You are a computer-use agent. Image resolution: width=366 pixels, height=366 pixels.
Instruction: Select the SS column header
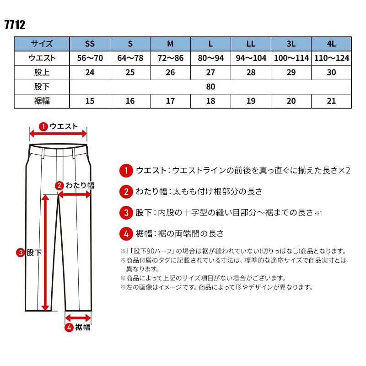pos(90,44)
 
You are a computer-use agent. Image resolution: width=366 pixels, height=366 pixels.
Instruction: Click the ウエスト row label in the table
pos(42,58)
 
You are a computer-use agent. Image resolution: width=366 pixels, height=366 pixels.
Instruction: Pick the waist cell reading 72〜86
pos(170,58)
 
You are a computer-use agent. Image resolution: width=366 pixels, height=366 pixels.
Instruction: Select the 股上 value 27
pos(210,72)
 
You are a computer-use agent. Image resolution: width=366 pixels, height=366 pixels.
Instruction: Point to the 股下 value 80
pos(210,86)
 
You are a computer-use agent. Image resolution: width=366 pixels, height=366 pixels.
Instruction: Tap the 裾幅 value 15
pos(90,101)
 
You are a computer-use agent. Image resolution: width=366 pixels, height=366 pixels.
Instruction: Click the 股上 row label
pos(42,72)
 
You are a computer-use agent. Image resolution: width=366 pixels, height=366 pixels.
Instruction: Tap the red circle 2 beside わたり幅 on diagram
pos(59,185)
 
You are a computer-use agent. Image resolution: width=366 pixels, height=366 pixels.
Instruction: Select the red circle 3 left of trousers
pos(21,252)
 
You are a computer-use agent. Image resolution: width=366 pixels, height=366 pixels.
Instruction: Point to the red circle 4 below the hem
pos(69,327)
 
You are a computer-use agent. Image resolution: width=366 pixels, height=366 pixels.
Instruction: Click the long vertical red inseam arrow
pos(45,252)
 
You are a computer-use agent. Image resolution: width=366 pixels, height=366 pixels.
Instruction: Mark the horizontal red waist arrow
pos(58,134)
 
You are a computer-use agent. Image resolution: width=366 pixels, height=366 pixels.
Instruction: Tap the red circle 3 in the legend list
pos(125,213)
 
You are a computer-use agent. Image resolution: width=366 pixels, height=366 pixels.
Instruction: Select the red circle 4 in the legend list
pos(125,233)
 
